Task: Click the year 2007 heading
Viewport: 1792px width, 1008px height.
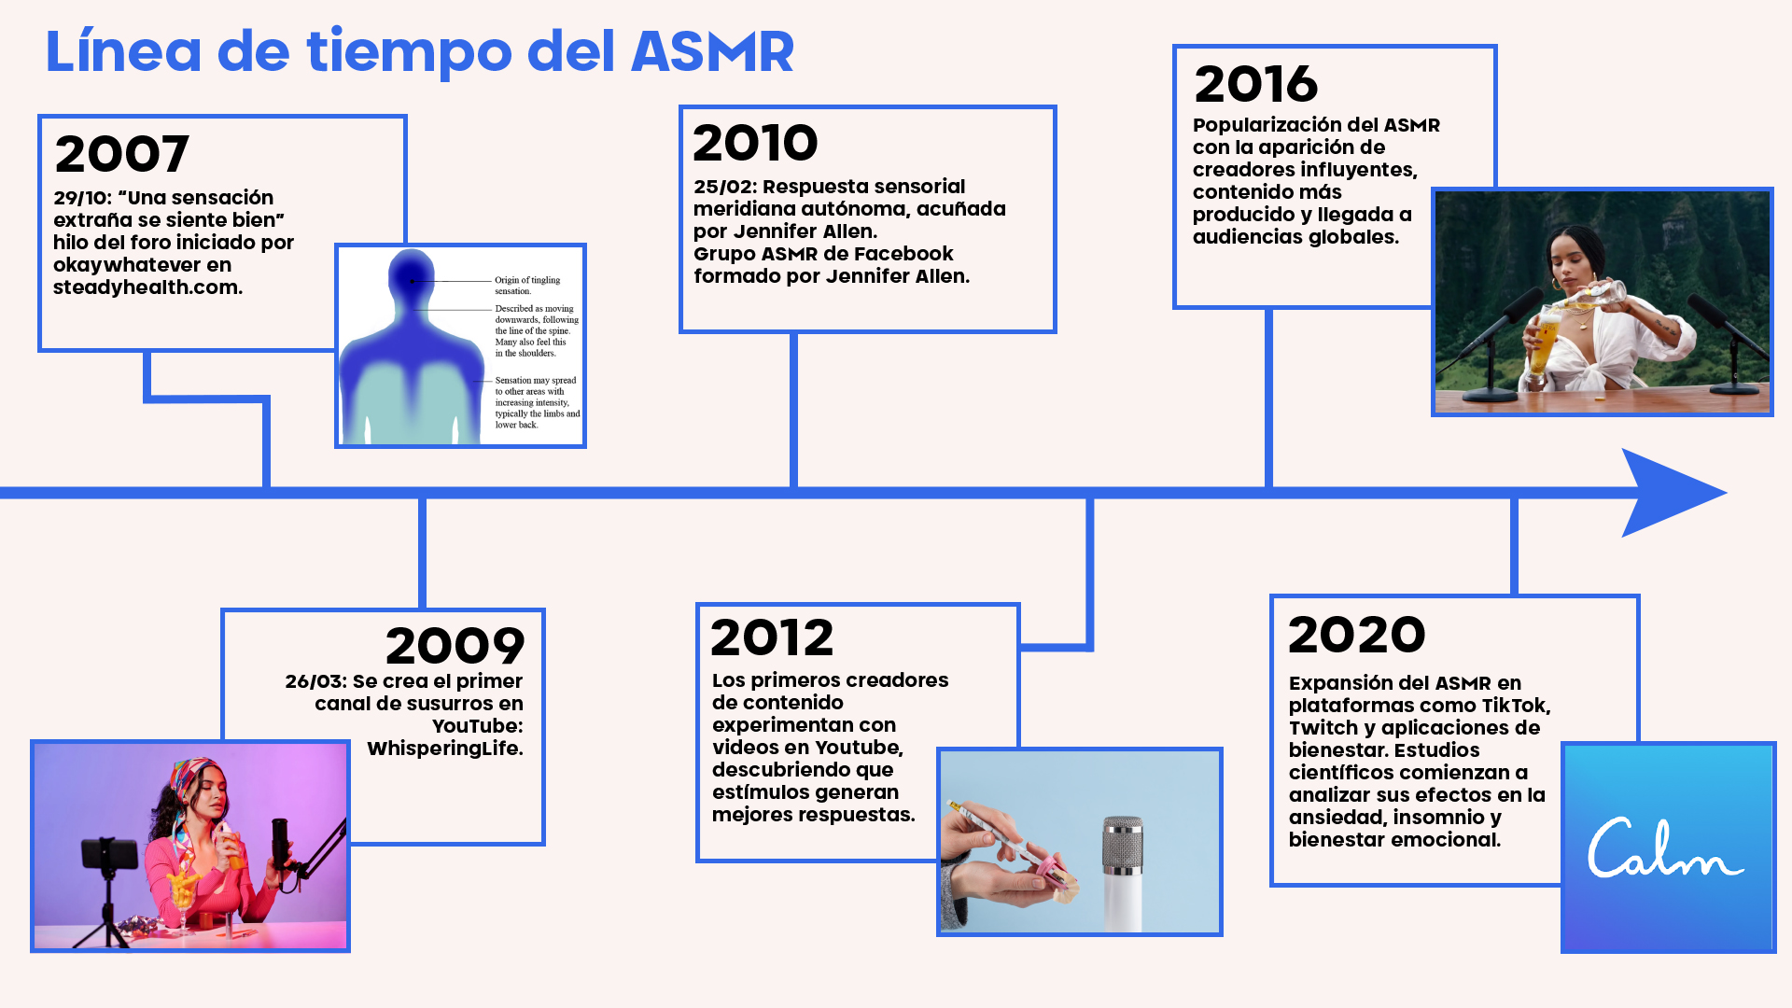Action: click(122, 154)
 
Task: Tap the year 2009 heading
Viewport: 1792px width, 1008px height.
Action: click(455, 646)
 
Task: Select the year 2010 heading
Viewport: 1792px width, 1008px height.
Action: click(755, 143)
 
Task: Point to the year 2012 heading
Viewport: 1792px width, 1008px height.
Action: click(772, 637)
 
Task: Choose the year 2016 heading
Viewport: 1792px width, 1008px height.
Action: click(1256, 84)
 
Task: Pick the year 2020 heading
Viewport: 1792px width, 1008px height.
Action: click(1357, 635)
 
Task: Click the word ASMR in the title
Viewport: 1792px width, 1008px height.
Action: click(713, 51)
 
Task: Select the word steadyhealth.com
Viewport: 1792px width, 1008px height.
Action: click(147, 287)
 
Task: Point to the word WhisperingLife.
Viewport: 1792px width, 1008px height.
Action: click(445, 749)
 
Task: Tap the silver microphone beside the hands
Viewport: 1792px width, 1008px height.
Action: click(1122, 873)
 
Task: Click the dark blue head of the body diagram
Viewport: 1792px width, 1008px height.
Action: click(411, 277)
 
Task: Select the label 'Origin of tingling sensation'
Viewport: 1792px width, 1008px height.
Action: click(527, 286)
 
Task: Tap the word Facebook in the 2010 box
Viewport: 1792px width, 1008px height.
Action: click(903, 254)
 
